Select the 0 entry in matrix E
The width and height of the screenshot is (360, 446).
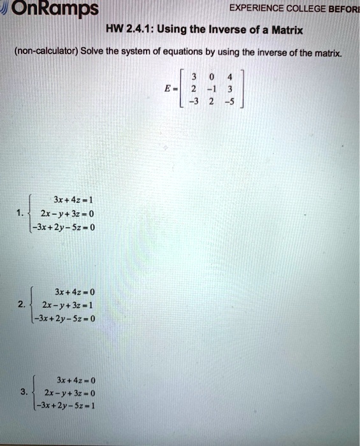pos(203,78)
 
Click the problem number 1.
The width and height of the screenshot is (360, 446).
pos(22,212)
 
